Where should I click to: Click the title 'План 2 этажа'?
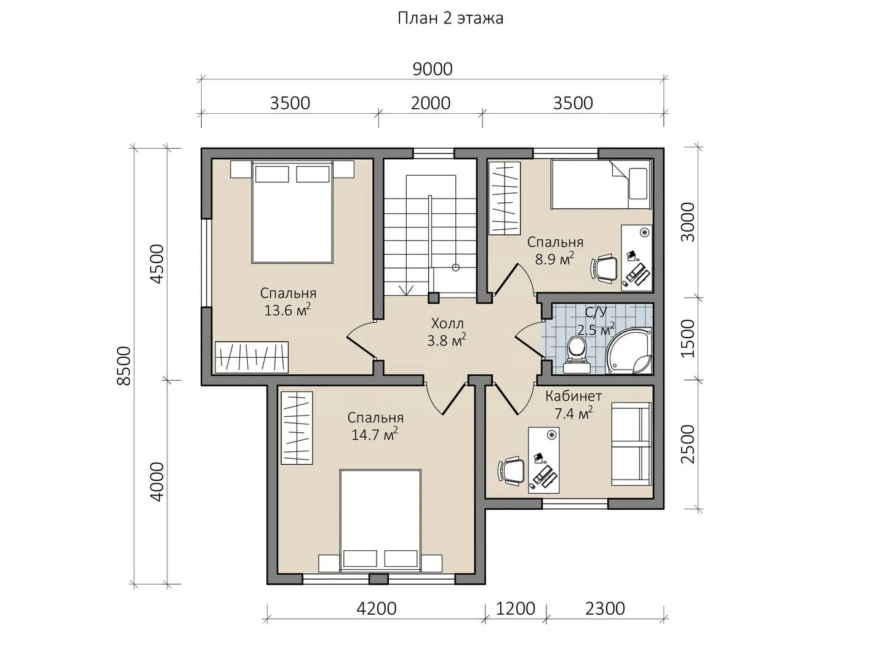pos(450,18)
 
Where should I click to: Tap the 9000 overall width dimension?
pos(433,69)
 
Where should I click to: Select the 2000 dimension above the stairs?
pos(431,103)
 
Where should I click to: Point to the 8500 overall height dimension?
pos(124,366)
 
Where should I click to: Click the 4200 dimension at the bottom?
pos(377,609)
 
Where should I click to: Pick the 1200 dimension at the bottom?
pos(516,609)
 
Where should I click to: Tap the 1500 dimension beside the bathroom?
pos(688,339)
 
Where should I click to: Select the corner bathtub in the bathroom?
pos(629,350)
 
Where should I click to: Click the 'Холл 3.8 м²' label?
pos(447,332)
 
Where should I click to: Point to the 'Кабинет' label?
pos(573,397)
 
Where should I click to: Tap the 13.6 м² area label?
pos(287,310)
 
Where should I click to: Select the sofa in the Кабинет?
pos(631,445)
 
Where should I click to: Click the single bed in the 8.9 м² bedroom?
pos(601,184)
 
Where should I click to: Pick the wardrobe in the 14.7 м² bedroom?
pos(297,428)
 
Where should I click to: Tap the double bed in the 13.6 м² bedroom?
pos(292,212)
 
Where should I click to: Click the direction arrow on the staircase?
pos(407,290)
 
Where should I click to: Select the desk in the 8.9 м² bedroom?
pos(637,258)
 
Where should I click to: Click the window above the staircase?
pos(434,153)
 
